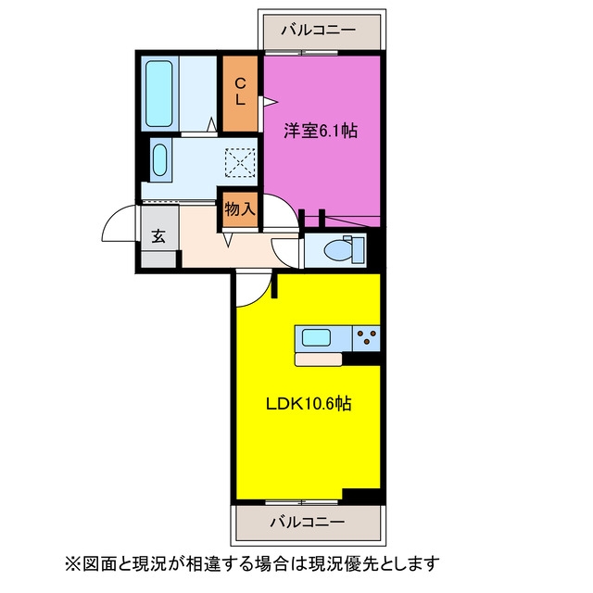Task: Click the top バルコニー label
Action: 318,31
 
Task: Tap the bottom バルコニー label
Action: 308,523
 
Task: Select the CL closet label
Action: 240,92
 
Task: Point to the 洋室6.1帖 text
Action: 321,132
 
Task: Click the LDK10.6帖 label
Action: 309,404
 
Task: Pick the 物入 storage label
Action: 240,208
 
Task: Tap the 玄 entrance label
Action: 158,236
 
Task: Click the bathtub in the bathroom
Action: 159,94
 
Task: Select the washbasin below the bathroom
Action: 159,160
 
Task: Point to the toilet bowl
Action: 337,250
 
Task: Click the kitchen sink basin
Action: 317,337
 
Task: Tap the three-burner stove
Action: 366,337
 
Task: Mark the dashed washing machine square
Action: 240,163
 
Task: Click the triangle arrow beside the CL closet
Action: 271,102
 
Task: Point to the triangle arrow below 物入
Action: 228,240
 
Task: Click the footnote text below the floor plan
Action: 253,563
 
